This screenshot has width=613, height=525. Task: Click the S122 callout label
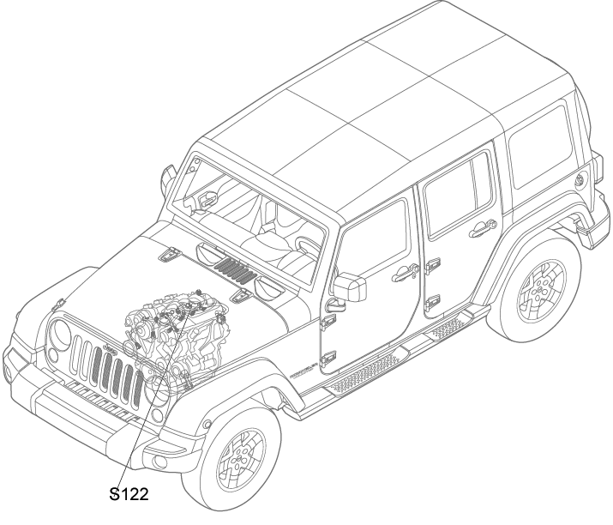[129, 494]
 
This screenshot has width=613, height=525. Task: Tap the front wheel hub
[239, 460]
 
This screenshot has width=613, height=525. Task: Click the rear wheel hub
[541, 289]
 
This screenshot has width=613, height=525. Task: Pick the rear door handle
[483, 229]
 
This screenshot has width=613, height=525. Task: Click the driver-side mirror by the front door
[350, 287]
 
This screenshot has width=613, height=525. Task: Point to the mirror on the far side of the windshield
[168, 177]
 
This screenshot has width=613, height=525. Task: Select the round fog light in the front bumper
[159, 462]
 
